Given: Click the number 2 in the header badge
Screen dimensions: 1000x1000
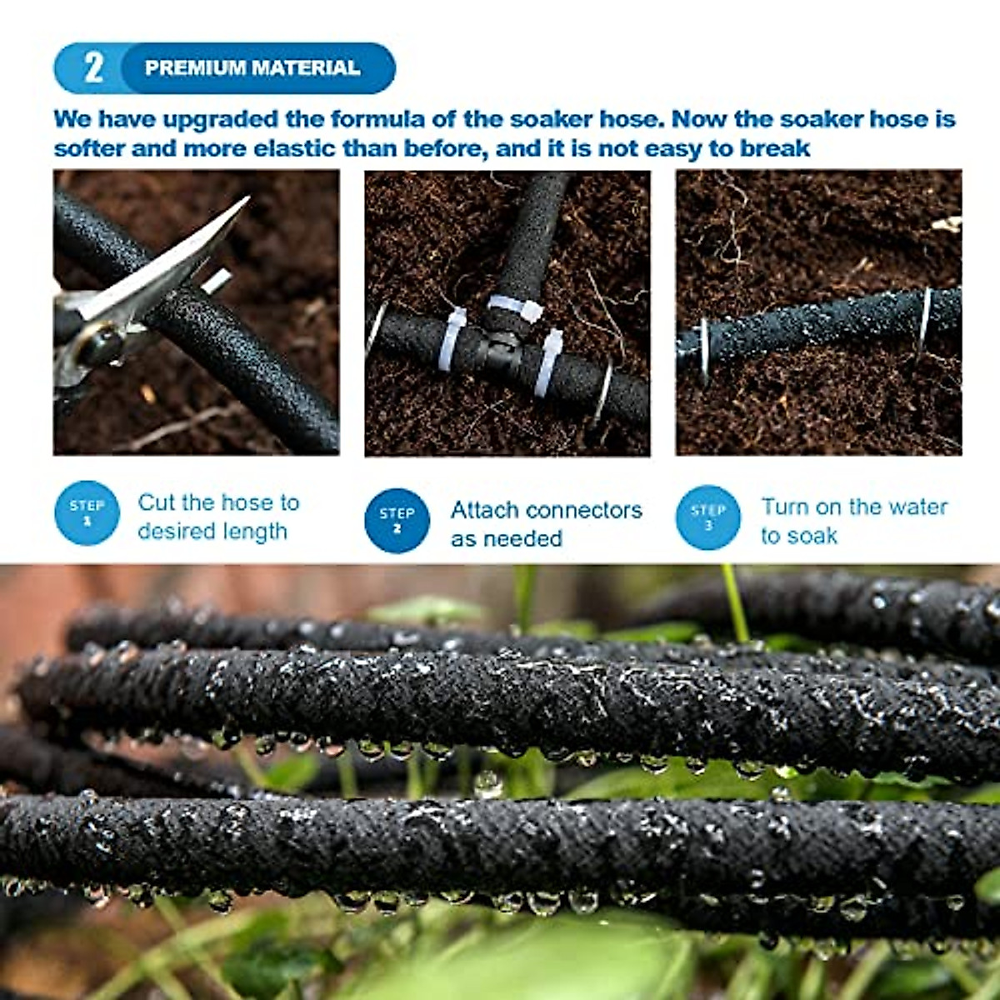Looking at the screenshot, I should pos(92,67).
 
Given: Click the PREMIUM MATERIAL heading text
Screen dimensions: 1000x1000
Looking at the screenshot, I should pos(252,68).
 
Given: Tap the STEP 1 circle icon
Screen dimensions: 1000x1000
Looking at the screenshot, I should pos(87,513).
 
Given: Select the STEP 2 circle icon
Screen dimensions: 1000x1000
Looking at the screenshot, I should pos(397,520).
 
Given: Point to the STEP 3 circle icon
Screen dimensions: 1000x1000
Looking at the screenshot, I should pos(707,517).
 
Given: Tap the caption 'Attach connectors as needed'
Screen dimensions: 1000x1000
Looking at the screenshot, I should pos(546,523).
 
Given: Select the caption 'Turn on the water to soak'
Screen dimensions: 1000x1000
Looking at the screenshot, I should pos(852,521).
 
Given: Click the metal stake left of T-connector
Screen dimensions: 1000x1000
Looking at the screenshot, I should pos(377,329).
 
